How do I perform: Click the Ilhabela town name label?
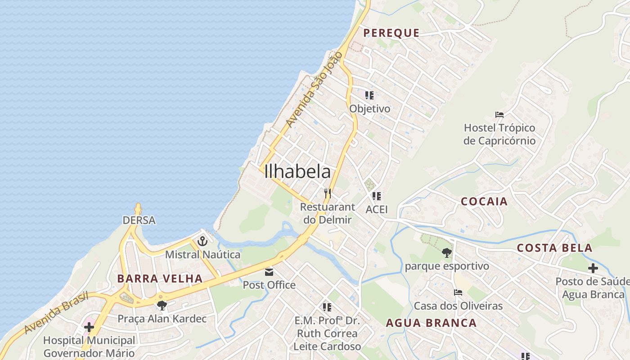click(297, 171)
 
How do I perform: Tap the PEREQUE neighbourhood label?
click(391, 33)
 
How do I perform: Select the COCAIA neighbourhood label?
click(484, 201)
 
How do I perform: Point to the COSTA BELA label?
click(554, 248)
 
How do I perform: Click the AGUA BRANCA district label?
click(432, 323)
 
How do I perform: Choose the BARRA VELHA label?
click(160, 279)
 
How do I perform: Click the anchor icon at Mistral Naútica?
click(202, 241)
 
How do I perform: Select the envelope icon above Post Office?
click(269, 272)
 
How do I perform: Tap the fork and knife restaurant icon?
click(328, 193)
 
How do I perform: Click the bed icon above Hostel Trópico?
click(499, 115)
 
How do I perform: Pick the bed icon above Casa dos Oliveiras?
click(458, 292)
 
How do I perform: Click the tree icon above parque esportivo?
click(446, 252)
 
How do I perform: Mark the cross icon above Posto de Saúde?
click(593, 268)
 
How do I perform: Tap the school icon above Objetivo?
click(369, 95)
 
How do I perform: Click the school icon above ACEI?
click(377, 196)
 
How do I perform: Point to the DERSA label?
click(139, 220)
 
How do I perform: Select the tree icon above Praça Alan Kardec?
click(162, 306)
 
